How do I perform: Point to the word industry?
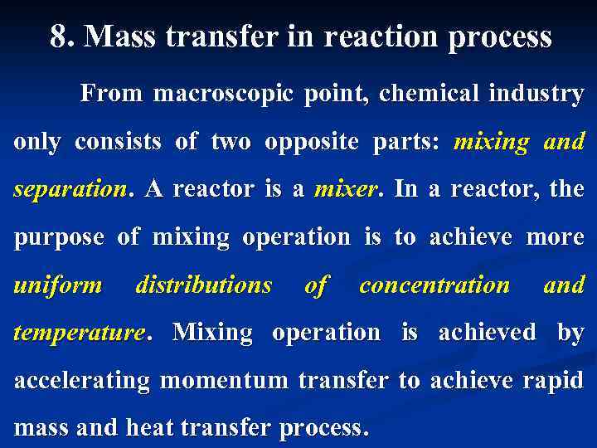pyautogui.click(x=536, y=94)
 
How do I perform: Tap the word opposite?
pyautogui.click(x=312, y=142)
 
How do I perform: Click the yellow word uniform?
pyautogui.click(x=57, y=285)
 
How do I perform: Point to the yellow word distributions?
pyautogui.click(x=203, y=285)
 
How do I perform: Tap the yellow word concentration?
pyautogui.click(x=434, y=285)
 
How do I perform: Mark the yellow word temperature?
pyautogui.click(x=78, y=334)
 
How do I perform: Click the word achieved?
pyautogui.click(x=487, y=333)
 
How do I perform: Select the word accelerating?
pyautogui.click(x=82, y=381)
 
